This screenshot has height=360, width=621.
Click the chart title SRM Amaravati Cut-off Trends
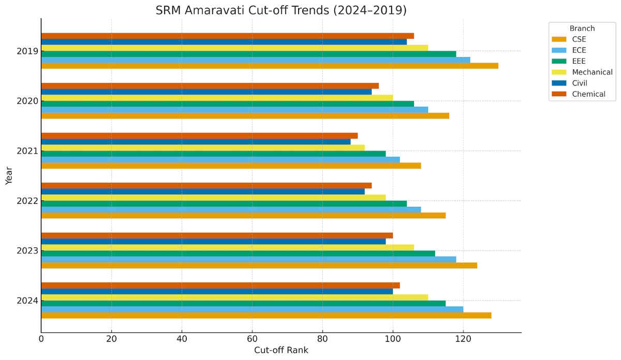pyautogui.click(x=281, y=10)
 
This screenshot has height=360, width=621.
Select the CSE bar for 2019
pyautogui.click(x=269, y=66)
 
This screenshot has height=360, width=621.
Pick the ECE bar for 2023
pyautogui.click(x=248, y=259)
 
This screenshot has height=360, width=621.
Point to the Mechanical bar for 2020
pyautogui.click(x=217, y=98)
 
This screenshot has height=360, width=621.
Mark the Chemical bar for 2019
pyautogui.click(x=227, y=36)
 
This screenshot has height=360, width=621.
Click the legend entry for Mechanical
pyautogui.click(x=592, y=72)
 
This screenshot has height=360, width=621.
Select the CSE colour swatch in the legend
pyautogui.click(x=559, y=39)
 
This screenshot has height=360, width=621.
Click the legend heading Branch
pyautogui.click(x=582, y=28)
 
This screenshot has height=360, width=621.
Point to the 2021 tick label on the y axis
pyautogui.click(x=26, y=151)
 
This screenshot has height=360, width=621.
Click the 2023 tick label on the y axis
pyautogui.click(x=26, y=251)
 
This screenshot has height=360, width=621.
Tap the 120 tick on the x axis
pyautogui.click(x=463, y=339)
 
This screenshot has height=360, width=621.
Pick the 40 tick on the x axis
pyautogui.click(x=182, y=339)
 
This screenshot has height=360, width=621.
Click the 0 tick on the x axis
pyautogui.click(x=41, y=339)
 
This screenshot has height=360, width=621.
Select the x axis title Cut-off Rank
pyautogui.click(x=281, y=350)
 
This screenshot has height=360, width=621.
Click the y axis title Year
pyautogui.click(x=9, y=175)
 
